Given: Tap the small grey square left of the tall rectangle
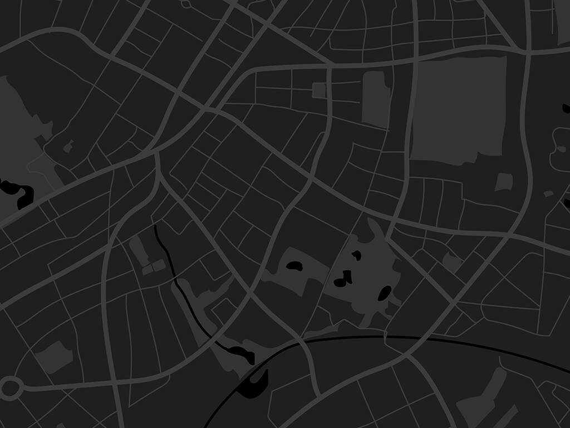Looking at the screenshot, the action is coord(319,90).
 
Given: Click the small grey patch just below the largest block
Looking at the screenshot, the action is coord(504,182).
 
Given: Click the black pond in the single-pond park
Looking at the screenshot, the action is coord(294,266).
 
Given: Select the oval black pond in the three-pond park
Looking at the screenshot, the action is coord(385,293).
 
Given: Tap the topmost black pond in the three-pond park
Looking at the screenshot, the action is coord(356,255).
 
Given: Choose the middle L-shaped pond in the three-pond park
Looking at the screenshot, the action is coord(345,278).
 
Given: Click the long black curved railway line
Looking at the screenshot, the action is coord(390,338).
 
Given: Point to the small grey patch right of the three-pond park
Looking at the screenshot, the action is coord(451,261).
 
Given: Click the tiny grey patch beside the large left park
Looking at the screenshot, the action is coord(68,147).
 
